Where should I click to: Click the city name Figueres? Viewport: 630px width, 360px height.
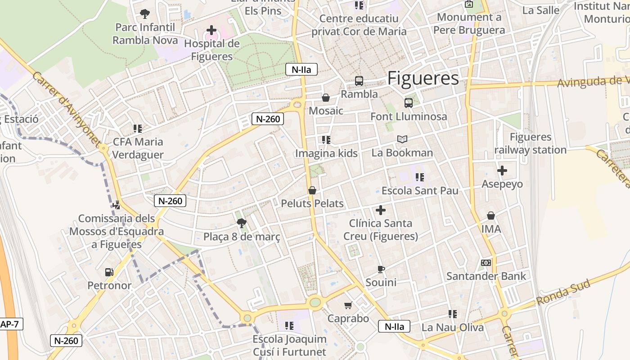click(x=423, y=78)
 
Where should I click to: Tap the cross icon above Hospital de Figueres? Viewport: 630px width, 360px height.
click(x=211, y=31)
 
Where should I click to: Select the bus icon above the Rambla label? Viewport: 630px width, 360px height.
click(x=359, y=81)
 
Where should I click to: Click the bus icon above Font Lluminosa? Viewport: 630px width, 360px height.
click(x=409, y=103)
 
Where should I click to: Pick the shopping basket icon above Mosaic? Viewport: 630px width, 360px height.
click(x=326, y=98)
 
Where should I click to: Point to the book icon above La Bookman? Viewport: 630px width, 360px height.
click(x=402, y=139)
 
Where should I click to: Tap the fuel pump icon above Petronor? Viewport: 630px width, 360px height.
click(x=109, y=272)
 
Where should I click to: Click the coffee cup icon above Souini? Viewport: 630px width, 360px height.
click(x=381, y=269)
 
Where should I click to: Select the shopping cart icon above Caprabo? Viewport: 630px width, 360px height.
click(x=348, y=306)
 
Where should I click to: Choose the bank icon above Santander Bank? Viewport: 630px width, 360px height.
click(x=486, y=263)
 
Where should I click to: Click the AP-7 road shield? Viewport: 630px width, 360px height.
click(x=10, y=324)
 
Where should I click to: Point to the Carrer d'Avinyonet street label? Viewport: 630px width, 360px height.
click(x=66, y=108)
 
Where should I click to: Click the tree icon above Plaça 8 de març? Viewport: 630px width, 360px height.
click(x=242, y=222)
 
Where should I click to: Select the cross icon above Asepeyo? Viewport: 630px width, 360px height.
click(x=502, y=171)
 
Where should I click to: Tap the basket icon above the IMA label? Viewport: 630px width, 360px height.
click(x=491, y=216)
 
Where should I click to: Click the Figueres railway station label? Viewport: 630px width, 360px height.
click(x=530, y=144)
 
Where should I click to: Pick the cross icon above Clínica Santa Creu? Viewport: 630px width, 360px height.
click(x=381, y=210)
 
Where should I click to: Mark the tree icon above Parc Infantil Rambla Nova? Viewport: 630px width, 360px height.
click(x=144, y=14)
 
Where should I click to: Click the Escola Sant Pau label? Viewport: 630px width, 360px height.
click(x=420, y=190)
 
